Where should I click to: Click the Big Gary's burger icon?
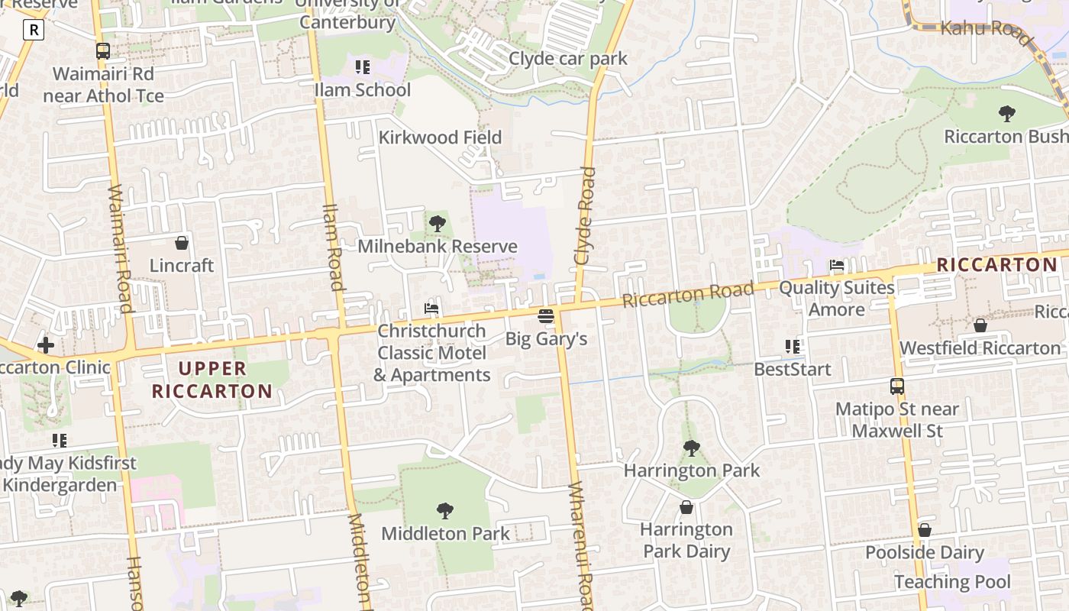545,315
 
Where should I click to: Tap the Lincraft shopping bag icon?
182,244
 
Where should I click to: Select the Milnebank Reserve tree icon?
438,224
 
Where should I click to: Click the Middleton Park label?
445,533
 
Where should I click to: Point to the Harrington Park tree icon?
692,448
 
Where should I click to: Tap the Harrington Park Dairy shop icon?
686,507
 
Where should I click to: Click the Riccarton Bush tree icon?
1007,115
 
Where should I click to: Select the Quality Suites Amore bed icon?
837,266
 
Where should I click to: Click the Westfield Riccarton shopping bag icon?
980,326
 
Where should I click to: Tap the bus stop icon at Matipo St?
897,386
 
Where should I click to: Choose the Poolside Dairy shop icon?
925,530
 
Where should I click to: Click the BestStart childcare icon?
793,347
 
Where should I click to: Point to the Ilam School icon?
363,67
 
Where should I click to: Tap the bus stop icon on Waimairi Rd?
103,51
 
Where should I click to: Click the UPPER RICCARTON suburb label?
212,380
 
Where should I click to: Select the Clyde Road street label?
585,216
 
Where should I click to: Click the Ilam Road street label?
332,247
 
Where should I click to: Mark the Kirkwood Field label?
441,137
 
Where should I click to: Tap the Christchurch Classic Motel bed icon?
431,309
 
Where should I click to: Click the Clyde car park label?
568,59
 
